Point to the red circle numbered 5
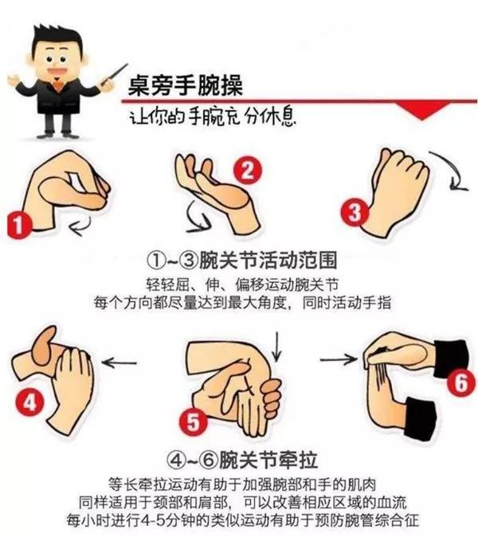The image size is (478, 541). click(192, 423)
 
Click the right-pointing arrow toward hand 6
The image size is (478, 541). click(339, 359)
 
